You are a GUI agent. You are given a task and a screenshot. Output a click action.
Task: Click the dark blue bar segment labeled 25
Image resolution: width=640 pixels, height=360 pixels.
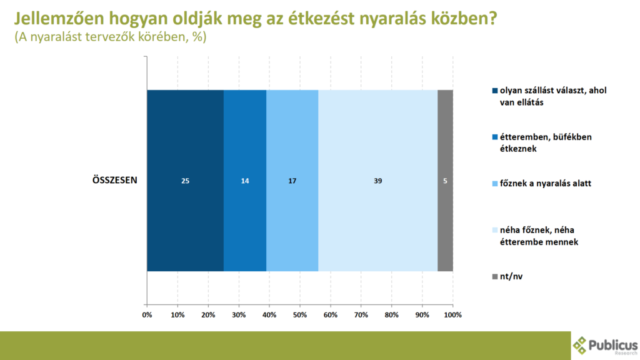pyautogui.click(x=185, y=181)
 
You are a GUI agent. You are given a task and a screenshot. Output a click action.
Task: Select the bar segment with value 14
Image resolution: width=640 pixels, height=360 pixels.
pyautogui.click(x=245, y=181)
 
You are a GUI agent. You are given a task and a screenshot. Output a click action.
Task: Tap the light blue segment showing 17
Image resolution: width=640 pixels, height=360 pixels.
pyautogui.click(x=292, y=181)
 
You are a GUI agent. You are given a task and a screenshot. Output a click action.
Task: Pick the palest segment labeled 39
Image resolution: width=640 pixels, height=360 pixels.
pyautogui.click(x=378, y=181)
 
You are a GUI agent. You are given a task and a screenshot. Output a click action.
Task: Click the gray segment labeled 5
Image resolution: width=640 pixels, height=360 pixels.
pyautogui.click(x=445, y=181)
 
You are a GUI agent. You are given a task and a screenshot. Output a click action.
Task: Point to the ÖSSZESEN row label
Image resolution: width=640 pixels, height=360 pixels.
pyautogui.click(x=115, y=180)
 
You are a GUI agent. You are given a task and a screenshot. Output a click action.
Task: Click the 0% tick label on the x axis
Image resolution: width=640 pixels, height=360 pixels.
pyautogui.click(x=147, y=315)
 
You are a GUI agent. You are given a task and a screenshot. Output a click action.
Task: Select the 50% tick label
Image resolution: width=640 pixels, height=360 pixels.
pyautogui.click(x=300, y=315)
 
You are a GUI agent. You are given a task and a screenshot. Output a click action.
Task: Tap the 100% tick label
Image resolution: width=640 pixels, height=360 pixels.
pyautogui.click(x=452, y=315)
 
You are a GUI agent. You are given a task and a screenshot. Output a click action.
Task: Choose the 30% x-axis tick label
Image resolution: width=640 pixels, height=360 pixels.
pyautogui.click(x=239, y=315)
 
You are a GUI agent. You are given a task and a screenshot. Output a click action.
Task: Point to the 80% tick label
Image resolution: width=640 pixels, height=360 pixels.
pyautogui.click(x=391, y=315)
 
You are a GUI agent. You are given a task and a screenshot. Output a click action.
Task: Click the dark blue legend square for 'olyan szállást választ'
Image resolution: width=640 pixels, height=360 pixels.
pyautogui.click(x=495, y=91)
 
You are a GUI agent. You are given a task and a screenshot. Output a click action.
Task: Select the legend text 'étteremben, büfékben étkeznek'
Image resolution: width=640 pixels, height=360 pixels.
pyautogui.click(x=546, y=143)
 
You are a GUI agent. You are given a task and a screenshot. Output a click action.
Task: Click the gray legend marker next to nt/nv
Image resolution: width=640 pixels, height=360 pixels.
pyautogui.click(x=495, y=277)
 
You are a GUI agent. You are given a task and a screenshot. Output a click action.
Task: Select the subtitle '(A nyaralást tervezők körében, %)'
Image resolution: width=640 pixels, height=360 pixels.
pyautogui.click(x=111, y=37)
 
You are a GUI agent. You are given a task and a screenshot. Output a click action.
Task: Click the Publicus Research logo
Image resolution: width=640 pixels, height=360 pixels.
pyautogui.click(x=605, y=346)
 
